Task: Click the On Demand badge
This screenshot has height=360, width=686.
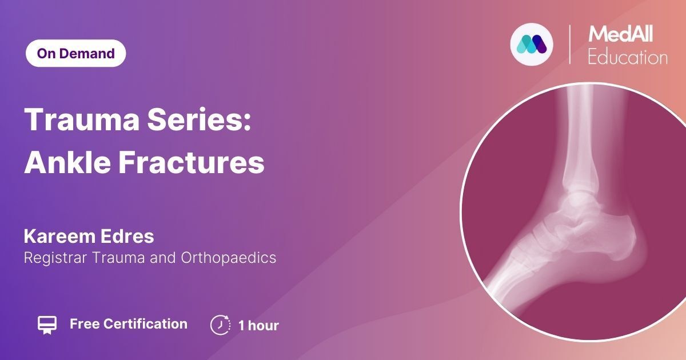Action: tap(75, 53)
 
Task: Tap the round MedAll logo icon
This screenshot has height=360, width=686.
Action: tap(532, 45)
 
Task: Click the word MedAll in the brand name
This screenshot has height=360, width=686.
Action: tap(620, 34)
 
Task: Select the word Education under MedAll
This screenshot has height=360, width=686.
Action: tap(628, 57)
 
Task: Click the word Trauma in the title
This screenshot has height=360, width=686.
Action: tap(82, 119)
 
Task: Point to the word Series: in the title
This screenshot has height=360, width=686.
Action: tap(199, 119)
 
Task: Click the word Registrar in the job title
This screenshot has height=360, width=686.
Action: tap(55, 258)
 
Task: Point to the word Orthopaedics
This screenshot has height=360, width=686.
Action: tap(229, 258)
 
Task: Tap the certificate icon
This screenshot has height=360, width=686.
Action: tap(47, 325)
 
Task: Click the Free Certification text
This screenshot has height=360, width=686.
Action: tap(129, 324)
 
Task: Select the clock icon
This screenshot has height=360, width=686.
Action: tap(220, 325)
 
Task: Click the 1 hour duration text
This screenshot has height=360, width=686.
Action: tap(258, 325)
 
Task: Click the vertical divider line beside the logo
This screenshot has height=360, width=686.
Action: tap(569, 45)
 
